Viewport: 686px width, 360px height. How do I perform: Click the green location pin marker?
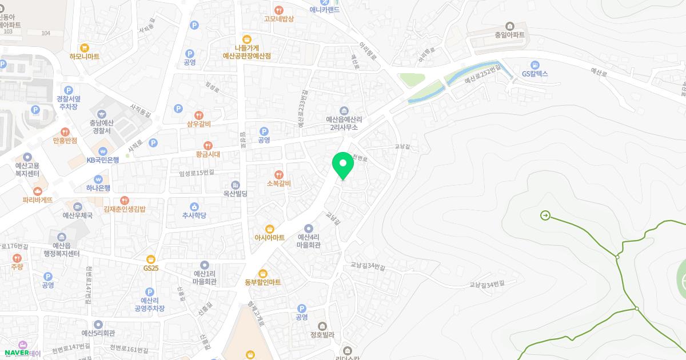(343, 165)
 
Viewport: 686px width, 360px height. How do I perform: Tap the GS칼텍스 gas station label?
(535, 74)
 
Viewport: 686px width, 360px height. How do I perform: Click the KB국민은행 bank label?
(103, 160)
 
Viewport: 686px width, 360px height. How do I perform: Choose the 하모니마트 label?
(85, 57)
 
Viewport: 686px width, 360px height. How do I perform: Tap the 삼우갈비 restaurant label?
(199, 123)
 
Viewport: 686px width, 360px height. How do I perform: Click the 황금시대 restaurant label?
(208, 154)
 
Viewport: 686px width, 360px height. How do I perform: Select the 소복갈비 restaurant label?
(279, 183)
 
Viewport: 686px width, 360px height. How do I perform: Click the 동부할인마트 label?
(263, 282)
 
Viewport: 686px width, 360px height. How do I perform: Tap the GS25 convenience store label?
(151, 267)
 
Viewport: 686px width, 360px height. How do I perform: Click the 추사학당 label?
(194, 215)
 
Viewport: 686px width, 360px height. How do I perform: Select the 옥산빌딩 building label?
(235, 194)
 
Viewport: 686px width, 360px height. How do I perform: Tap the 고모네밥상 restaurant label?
(278, 18)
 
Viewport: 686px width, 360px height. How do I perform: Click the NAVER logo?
(17, 353)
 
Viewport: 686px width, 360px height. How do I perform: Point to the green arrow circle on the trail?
(545, 215)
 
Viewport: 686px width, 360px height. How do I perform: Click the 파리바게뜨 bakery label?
(38, 199)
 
